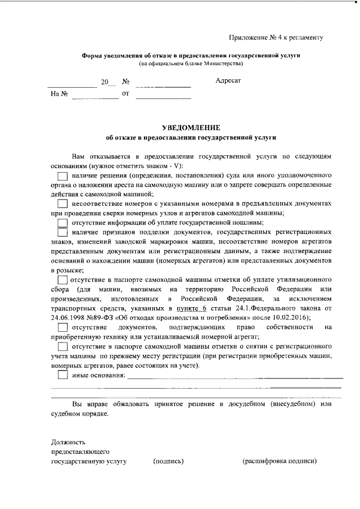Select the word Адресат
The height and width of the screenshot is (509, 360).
pos(228,81)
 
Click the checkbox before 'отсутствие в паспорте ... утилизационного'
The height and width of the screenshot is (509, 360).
pos(63,280)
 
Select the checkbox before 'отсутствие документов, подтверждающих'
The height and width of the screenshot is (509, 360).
pos(63,327)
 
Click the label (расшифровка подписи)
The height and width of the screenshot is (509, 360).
pos(279,461)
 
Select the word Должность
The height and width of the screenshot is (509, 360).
pos(68,442)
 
